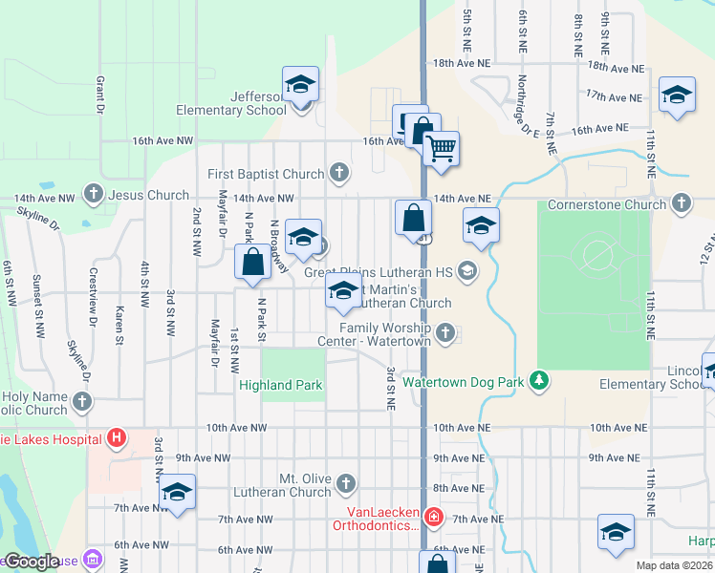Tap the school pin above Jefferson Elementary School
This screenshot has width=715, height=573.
(300, 87)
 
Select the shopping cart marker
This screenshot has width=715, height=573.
(441, 149)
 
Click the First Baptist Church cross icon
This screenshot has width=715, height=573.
(338, 173)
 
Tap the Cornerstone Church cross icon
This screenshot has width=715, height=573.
(681, 203)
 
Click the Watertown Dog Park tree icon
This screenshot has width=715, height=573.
(540, 381)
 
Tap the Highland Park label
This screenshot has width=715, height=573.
(281, 386)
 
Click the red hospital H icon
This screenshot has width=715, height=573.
(117, 439)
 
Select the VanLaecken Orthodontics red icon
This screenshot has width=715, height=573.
(434, 517)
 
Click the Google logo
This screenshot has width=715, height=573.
(31, 562)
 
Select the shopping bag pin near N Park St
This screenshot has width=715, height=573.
(252, 264)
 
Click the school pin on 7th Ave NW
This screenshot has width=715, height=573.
(177, 494)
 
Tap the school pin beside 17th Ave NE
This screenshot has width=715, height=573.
(677, 96)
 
